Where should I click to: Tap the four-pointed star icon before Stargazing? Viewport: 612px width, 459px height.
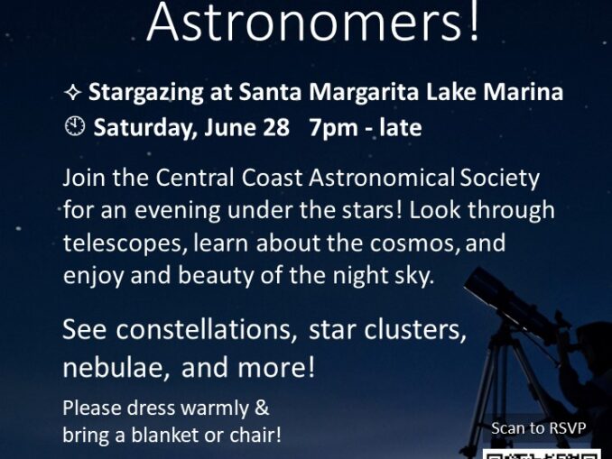click(x=72, y=93)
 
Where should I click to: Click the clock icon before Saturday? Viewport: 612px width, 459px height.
click(x=74, y=126)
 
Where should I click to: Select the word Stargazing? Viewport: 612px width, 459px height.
click(x=145, y=93)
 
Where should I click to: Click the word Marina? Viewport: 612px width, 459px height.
click(x=523, y=92)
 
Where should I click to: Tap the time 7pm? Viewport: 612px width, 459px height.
click(x=334, y=128)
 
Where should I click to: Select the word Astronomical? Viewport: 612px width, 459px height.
click(x=382, y=178)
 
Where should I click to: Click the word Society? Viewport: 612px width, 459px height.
click(x=500, y=179)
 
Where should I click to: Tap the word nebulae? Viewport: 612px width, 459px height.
click(x=116, y=367)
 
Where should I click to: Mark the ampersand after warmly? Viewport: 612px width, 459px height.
click(x=262, y=408)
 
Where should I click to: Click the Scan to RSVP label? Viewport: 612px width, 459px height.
click(x=538, y=428)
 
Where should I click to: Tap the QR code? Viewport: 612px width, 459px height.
click(x=542, y=454)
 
